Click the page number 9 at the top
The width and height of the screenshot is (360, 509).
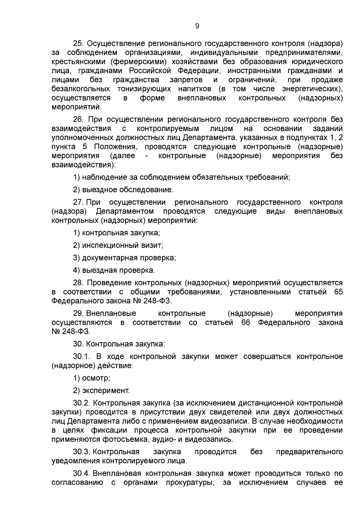(x=197, y=26)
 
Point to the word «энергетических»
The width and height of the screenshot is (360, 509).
(x=312, y=89)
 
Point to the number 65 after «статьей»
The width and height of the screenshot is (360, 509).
(x=338, y=292)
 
